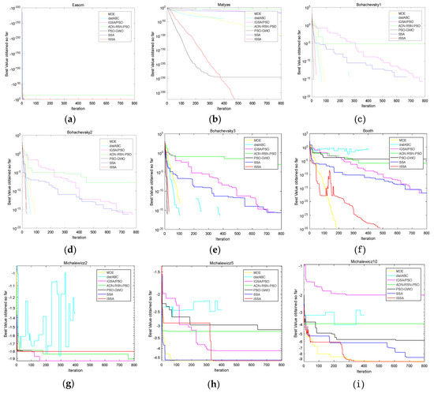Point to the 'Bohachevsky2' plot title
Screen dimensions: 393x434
click(79, 135)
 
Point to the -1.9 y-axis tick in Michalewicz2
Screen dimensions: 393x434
click(15, 358)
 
